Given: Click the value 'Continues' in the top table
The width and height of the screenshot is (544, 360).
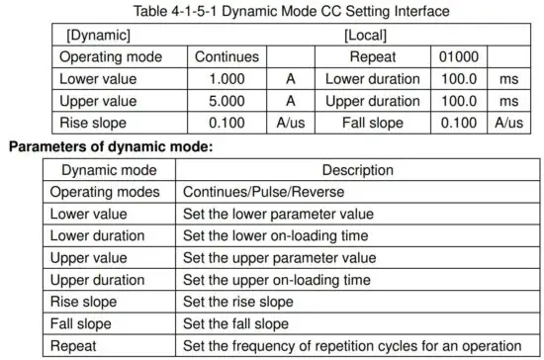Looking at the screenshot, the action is (x=227, y=56).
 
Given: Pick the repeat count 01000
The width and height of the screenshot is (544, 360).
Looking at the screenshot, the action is (x=459, y=56).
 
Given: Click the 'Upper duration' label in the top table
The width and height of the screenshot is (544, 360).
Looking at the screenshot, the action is (x=372, y=101).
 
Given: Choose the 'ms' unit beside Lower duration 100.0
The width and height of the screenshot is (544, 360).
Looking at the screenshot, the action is (x=508, y=79).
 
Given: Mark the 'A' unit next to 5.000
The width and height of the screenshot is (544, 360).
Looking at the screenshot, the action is (x=291, y=101).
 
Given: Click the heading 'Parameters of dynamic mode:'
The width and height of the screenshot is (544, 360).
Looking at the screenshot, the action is (x=111, y=146).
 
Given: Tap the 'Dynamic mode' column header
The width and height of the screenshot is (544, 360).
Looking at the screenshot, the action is (x=109, y=170).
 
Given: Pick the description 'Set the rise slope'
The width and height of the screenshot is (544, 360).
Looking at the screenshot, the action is (x=236, y=301).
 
